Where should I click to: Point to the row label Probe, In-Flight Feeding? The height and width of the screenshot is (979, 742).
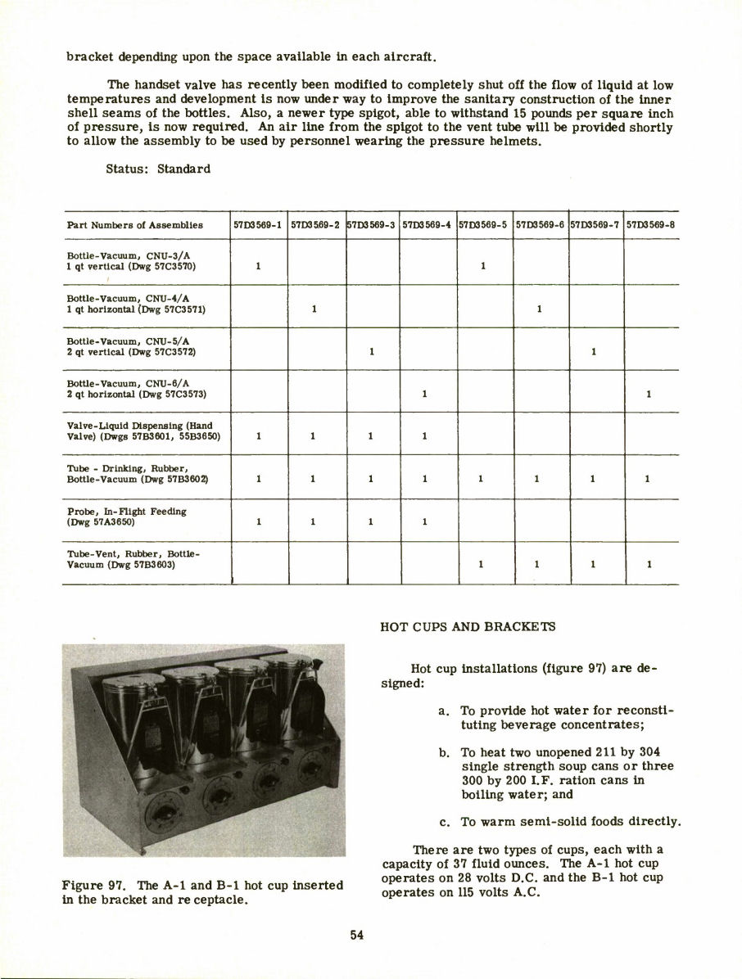click(126, 511)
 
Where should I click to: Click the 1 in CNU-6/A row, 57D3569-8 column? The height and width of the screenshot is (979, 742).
click(649, 394)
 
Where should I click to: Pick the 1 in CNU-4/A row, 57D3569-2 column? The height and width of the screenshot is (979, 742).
click(314, 309)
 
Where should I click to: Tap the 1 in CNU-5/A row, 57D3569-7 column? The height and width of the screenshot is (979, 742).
click(593, 352)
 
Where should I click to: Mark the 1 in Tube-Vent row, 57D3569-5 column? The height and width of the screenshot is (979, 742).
click(482, 564)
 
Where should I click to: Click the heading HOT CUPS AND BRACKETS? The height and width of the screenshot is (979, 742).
click(467, 627)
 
